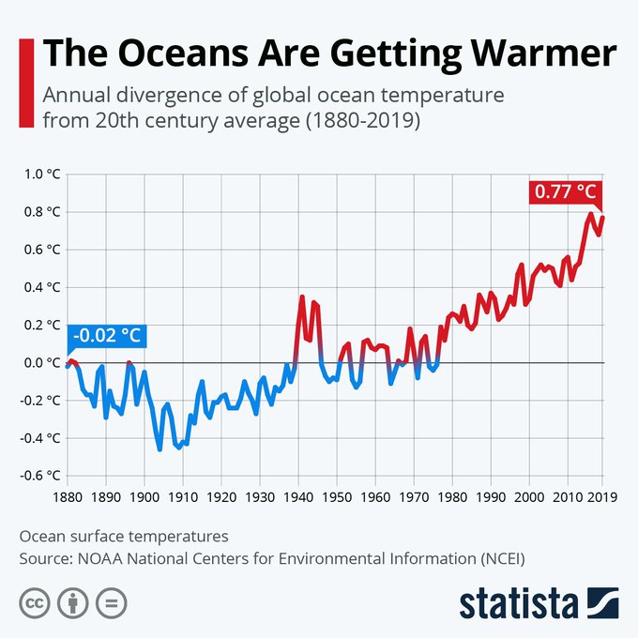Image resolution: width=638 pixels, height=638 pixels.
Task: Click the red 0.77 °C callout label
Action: (x=565, y=192)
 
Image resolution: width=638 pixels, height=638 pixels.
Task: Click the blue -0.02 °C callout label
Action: (x=107, y=335)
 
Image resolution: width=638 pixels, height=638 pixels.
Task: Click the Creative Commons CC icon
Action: (x=34, y=602)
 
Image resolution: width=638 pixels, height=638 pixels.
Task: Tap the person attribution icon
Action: (x=72, y=602)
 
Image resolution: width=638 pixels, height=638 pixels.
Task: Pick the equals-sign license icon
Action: (x=111, y=602)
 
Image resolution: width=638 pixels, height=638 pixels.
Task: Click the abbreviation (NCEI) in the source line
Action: (x=491, y=559)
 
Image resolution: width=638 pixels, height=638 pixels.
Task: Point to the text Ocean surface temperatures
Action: (x=124, y=538)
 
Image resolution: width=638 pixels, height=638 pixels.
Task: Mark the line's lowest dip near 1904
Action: (x=159, y=449)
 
